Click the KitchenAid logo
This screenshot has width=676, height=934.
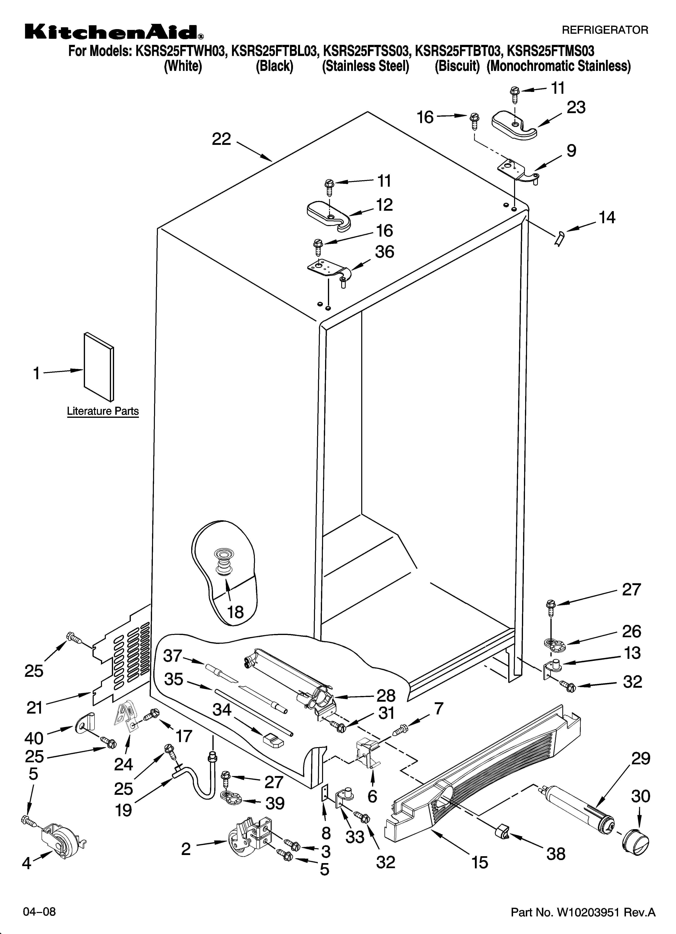113,32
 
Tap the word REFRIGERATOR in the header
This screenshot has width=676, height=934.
605,30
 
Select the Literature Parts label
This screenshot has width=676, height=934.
103,411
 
